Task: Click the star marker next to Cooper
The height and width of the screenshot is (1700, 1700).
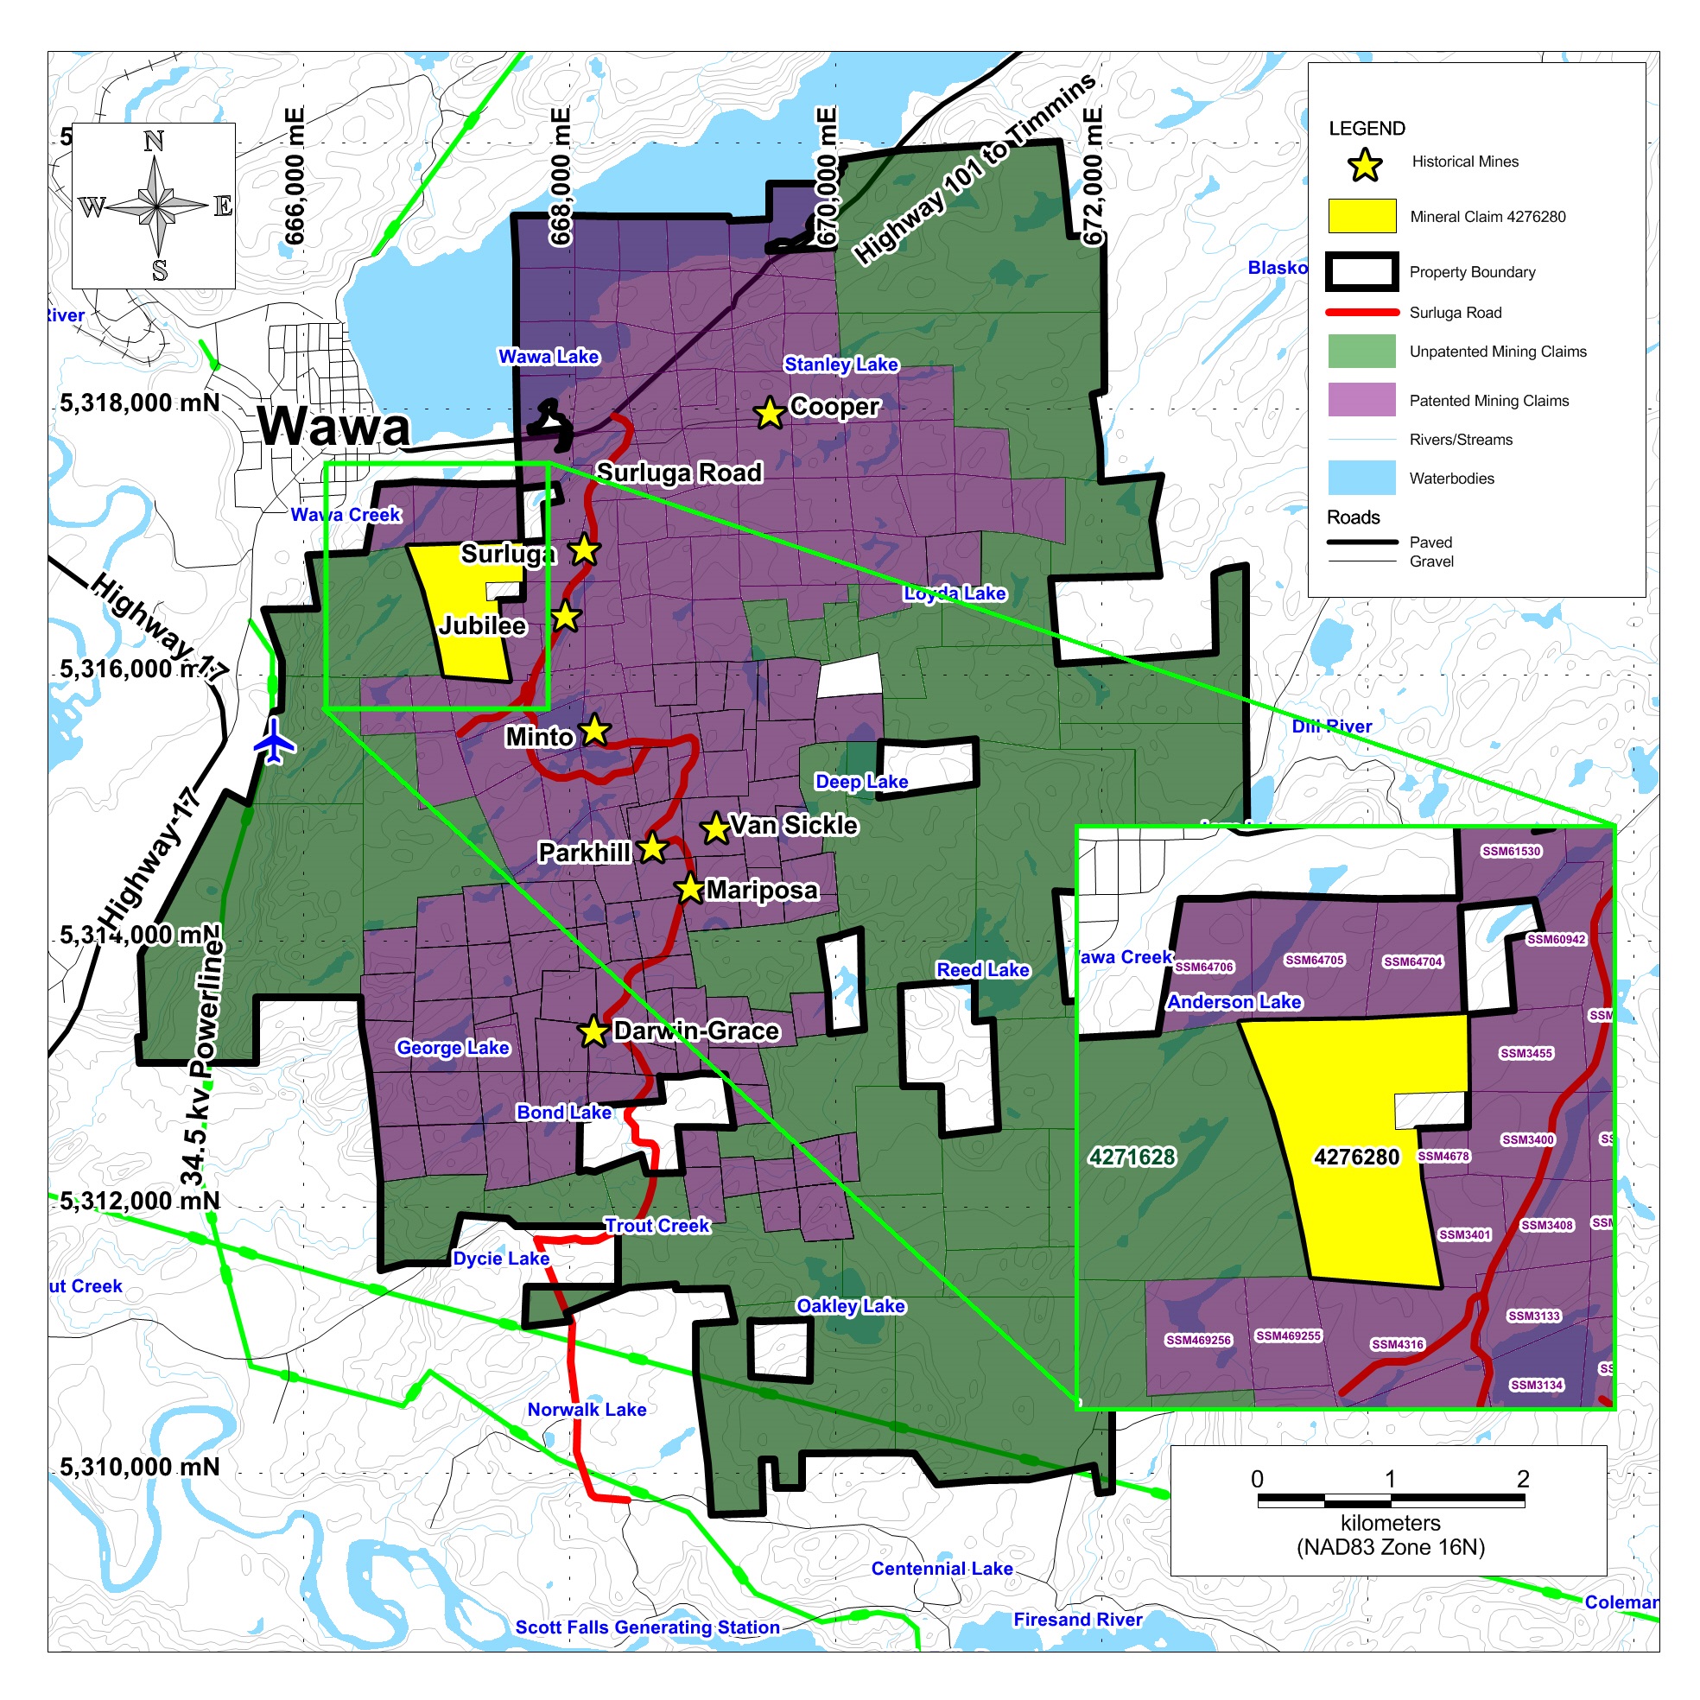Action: [769, 412]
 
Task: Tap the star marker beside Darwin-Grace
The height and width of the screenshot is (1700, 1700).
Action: [594, 1031]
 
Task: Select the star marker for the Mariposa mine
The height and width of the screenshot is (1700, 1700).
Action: [690, 890]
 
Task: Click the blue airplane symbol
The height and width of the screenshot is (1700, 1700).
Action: [275, 741]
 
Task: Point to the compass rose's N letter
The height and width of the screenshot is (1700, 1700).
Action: [154, 142]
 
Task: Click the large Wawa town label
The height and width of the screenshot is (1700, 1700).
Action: [333, 428]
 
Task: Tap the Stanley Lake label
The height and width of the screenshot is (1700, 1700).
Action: [840, 365]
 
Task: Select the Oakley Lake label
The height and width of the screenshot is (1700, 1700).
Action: [850, 1306]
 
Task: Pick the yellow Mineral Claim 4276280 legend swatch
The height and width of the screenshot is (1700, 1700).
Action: [1361, 217]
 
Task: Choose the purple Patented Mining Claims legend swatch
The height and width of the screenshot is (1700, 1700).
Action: [1361, 399]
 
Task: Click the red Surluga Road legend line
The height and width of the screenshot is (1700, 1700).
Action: [1361, 313]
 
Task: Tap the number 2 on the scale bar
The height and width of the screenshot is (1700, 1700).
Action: [1522, 1479]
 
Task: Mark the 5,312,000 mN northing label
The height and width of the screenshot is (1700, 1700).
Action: [140, 1201]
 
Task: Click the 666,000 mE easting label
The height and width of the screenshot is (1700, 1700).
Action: [295, 176]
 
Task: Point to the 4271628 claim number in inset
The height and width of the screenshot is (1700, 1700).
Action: [1132, 1158]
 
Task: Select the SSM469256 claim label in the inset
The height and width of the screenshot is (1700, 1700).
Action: [1197, 1340]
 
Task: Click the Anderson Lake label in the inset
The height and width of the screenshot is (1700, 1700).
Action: [1234, 1002]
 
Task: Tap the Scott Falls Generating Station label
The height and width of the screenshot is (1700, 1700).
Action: [648, 1627]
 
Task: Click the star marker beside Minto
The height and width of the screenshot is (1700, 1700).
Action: [596, 729]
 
